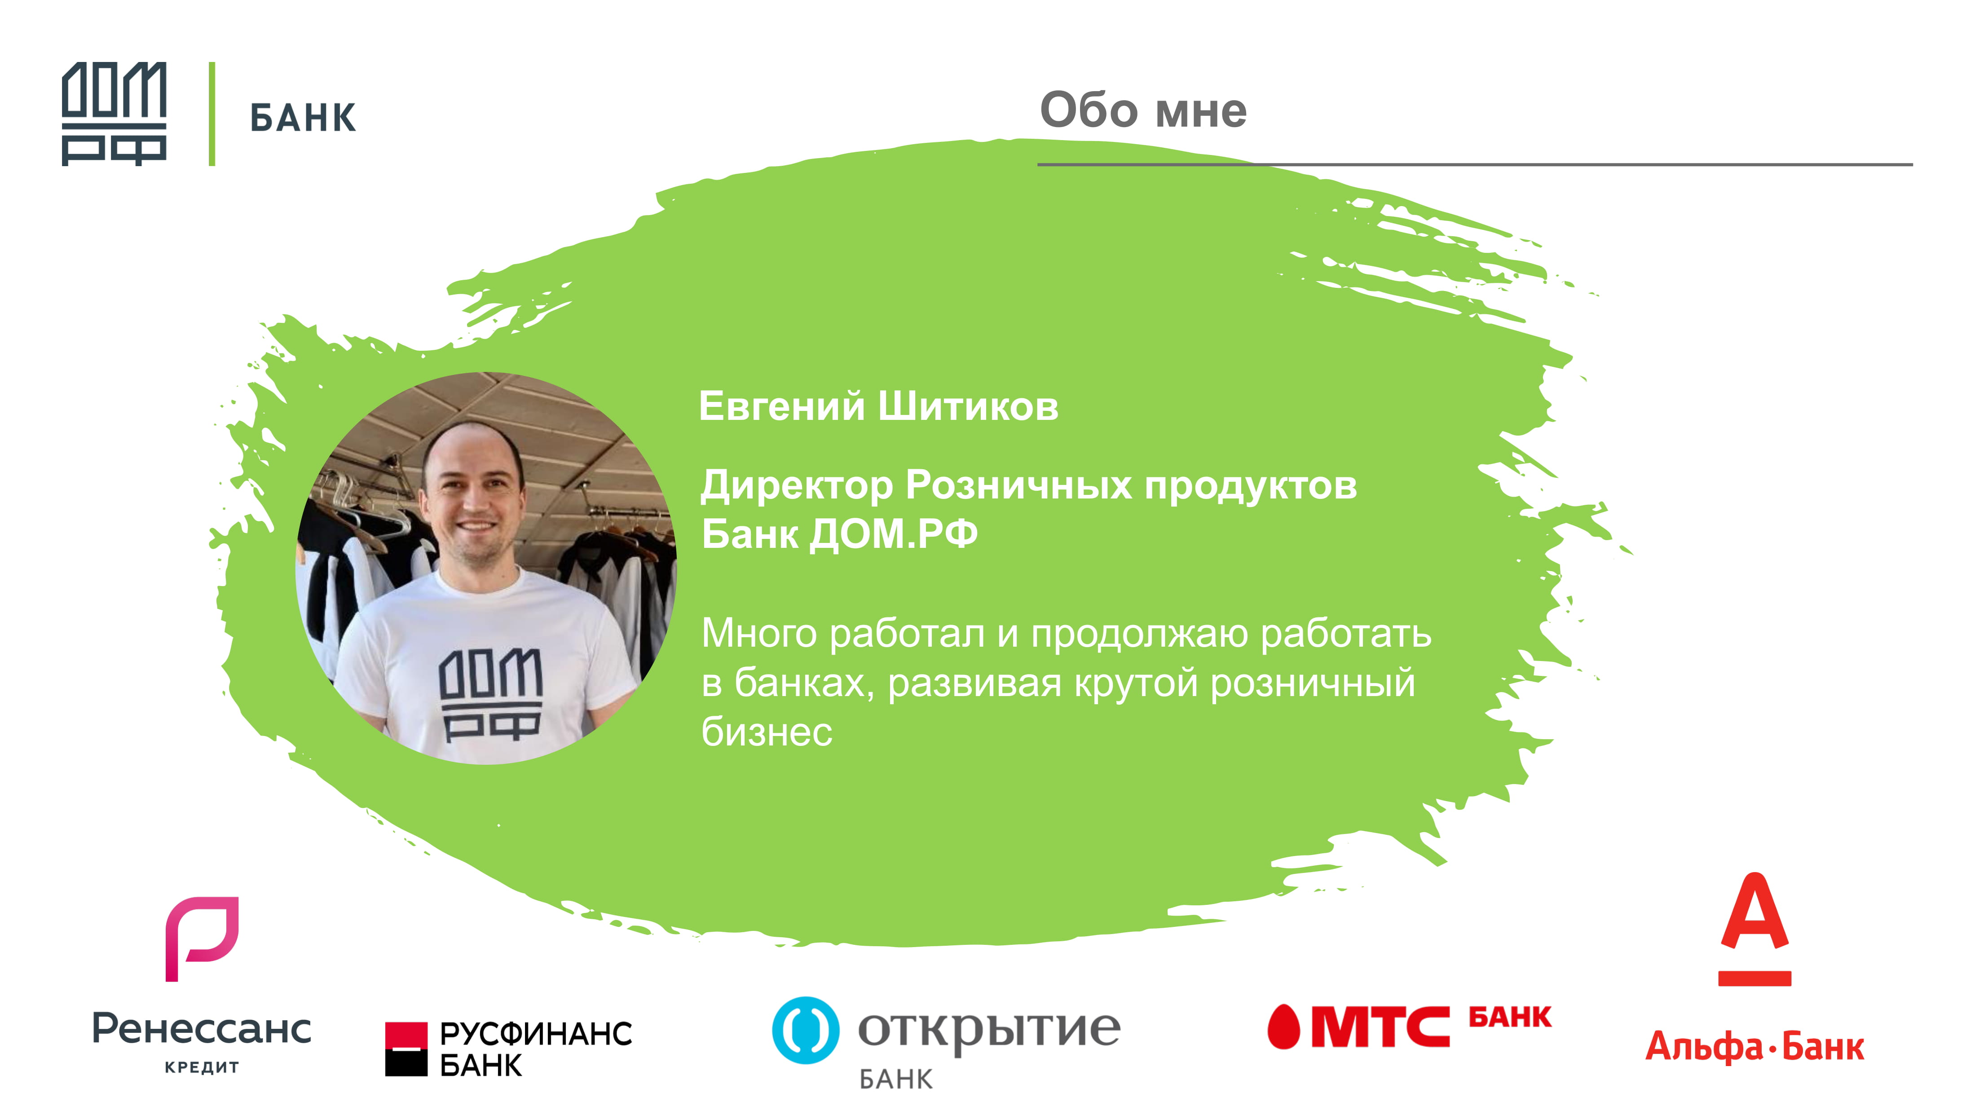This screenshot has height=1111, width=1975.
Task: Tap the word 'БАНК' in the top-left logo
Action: pos(303,118)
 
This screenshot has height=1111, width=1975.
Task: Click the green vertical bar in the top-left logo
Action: pos(212,114)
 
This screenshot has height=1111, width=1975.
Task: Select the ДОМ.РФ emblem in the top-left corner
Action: pos(114,114)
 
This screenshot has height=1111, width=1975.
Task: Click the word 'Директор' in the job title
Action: pos(798,486)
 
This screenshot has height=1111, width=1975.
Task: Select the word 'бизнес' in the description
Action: pos(767,732)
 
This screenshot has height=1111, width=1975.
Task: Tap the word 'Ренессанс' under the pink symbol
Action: pos(202,1029)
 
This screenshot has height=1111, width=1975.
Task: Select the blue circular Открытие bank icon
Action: pos(805,1030)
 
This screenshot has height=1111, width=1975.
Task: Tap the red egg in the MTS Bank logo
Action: pos(1283,1027)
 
